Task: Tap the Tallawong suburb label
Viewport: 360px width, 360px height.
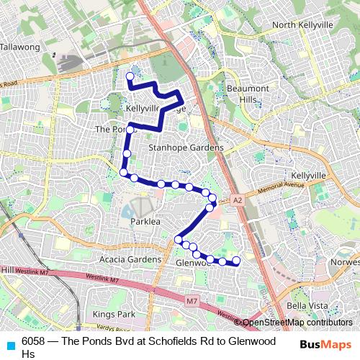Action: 20,47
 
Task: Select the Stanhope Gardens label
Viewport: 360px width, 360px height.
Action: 186,148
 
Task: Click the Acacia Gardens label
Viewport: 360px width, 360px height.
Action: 111,259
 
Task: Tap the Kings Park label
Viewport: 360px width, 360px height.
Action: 114,315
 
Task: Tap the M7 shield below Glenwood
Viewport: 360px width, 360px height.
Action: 190,300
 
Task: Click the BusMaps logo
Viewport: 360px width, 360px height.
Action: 325,344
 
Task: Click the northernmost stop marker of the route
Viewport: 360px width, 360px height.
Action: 130,75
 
